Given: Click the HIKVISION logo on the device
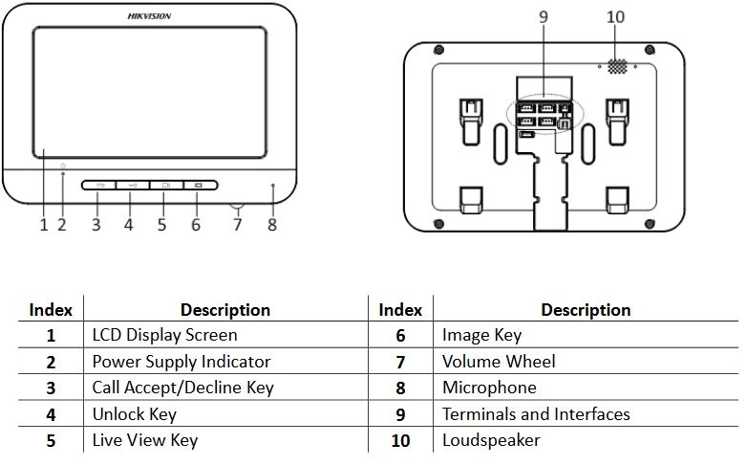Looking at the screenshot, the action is pyautogui.click(x=149, y=16).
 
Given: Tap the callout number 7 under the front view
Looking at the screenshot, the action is pyautogui.click(x=238, y=224).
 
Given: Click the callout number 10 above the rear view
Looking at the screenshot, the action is pyautogui.click(x=615, y=17).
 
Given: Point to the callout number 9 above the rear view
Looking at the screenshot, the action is pyautogui.click(x=544, y=17).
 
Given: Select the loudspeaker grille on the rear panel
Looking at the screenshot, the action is pyautogui.click(x=617, y=67).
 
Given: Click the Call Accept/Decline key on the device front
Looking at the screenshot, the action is pyautogui.click(x=98, y=185).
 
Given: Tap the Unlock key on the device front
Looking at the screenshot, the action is pyautogui.click(x=133, y=185).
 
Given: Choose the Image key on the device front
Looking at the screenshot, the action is pyautogui.click(x=201, y=185).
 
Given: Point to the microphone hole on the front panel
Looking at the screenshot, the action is pyautogui.click(x=273, y=185).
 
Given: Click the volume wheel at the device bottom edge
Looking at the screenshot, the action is pyautogui.click(x=238, y=208).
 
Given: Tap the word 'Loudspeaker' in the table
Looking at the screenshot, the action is pyautogui.click(x=491, y=440).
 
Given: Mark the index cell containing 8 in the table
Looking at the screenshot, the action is pyautogui.click(x=400, y=388).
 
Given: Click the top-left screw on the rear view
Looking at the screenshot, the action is pyautogui.click(x=438, y=50).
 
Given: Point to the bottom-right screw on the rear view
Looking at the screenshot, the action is pyautogui.click(x=650, y=224).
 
